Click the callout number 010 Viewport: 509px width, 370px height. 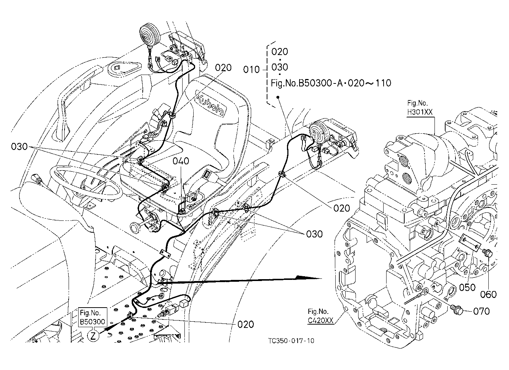coord(251,70)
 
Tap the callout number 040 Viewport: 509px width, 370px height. coord(181,161)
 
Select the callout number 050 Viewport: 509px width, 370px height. coord(467,288)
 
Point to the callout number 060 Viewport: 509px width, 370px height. coord(488,295)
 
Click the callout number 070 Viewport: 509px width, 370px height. coord(481,311)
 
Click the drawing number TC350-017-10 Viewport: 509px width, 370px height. coord(291,341)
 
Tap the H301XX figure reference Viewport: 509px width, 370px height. coord(420,112)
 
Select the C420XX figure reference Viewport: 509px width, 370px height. coord(321,321)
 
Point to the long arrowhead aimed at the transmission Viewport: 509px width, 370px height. coord(309,278)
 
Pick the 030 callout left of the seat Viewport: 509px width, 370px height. coord(19,147)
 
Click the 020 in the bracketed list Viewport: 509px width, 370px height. coord(280,52)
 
